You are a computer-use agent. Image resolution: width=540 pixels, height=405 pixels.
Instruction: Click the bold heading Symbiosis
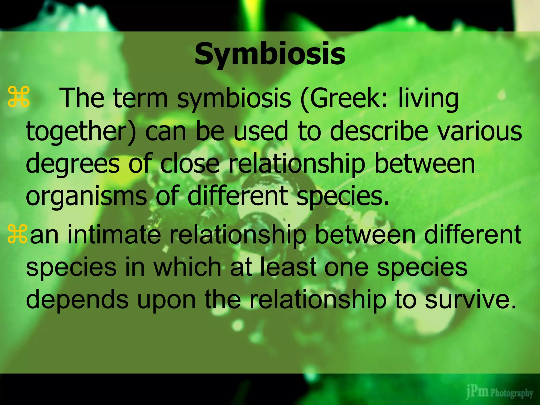click(x=270, y=55)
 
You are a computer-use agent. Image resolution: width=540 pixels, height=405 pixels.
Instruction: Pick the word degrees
click(x=72, y=164)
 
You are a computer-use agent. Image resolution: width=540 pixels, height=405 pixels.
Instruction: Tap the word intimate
click(x=114, y=235)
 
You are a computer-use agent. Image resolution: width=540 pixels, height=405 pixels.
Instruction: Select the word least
click(x=288, y=267)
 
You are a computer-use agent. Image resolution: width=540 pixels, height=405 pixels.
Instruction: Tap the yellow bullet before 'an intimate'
click(x=17, y=234)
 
